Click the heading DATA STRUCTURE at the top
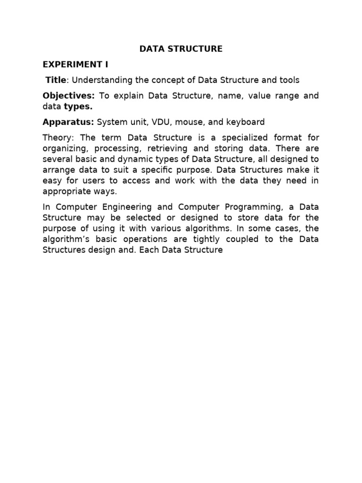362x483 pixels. pos(181,49)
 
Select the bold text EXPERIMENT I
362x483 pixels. pos(75,64)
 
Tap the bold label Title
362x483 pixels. pos(56,80)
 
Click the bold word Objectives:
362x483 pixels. pos(69,96)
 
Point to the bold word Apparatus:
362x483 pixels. pos(68,122)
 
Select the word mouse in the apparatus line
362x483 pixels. pos(189,122)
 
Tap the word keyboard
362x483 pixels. pos(246,122)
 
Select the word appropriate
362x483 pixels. pos(65,192)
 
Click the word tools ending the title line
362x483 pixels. pos(288,80)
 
